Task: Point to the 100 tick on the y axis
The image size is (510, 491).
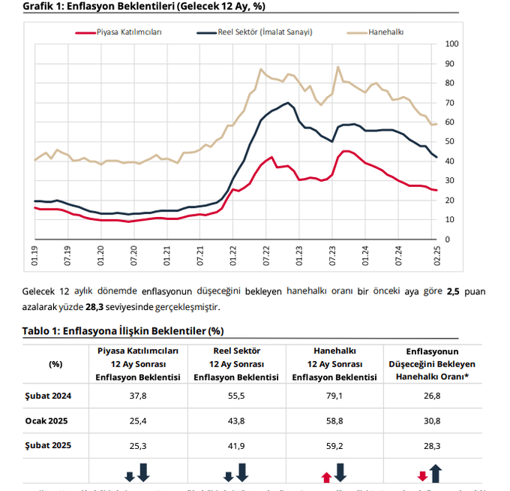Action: [451, 44]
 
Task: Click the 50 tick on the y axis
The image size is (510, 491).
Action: [449, 141]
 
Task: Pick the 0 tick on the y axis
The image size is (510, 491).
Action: [447, 239]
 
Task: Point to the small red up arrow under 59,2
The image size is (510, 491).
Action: [326, 477]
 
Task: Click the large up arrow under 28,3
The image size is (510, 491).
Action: [436, 473]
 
